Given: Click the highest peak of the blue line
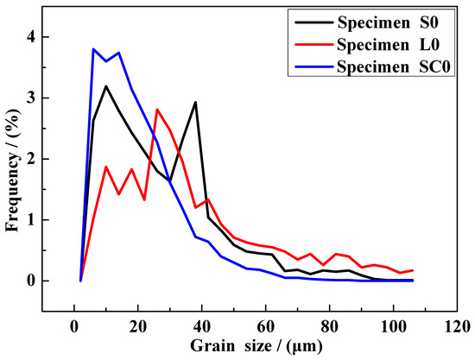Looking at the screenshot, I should (x=93, y=49).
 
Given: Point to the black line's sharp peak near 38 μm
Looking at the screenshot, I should (x=195, y=103).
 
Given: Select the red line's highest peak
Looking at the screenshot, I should (x=157, y=110).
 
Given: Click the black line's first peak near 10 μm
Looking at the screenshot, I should (x=105, y=86).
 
